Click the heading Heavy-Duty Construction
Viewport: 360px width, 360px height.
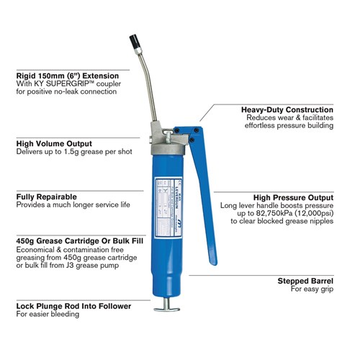pos(287,109)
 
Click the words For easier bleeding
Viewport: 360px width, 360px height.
pos(48,315)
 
